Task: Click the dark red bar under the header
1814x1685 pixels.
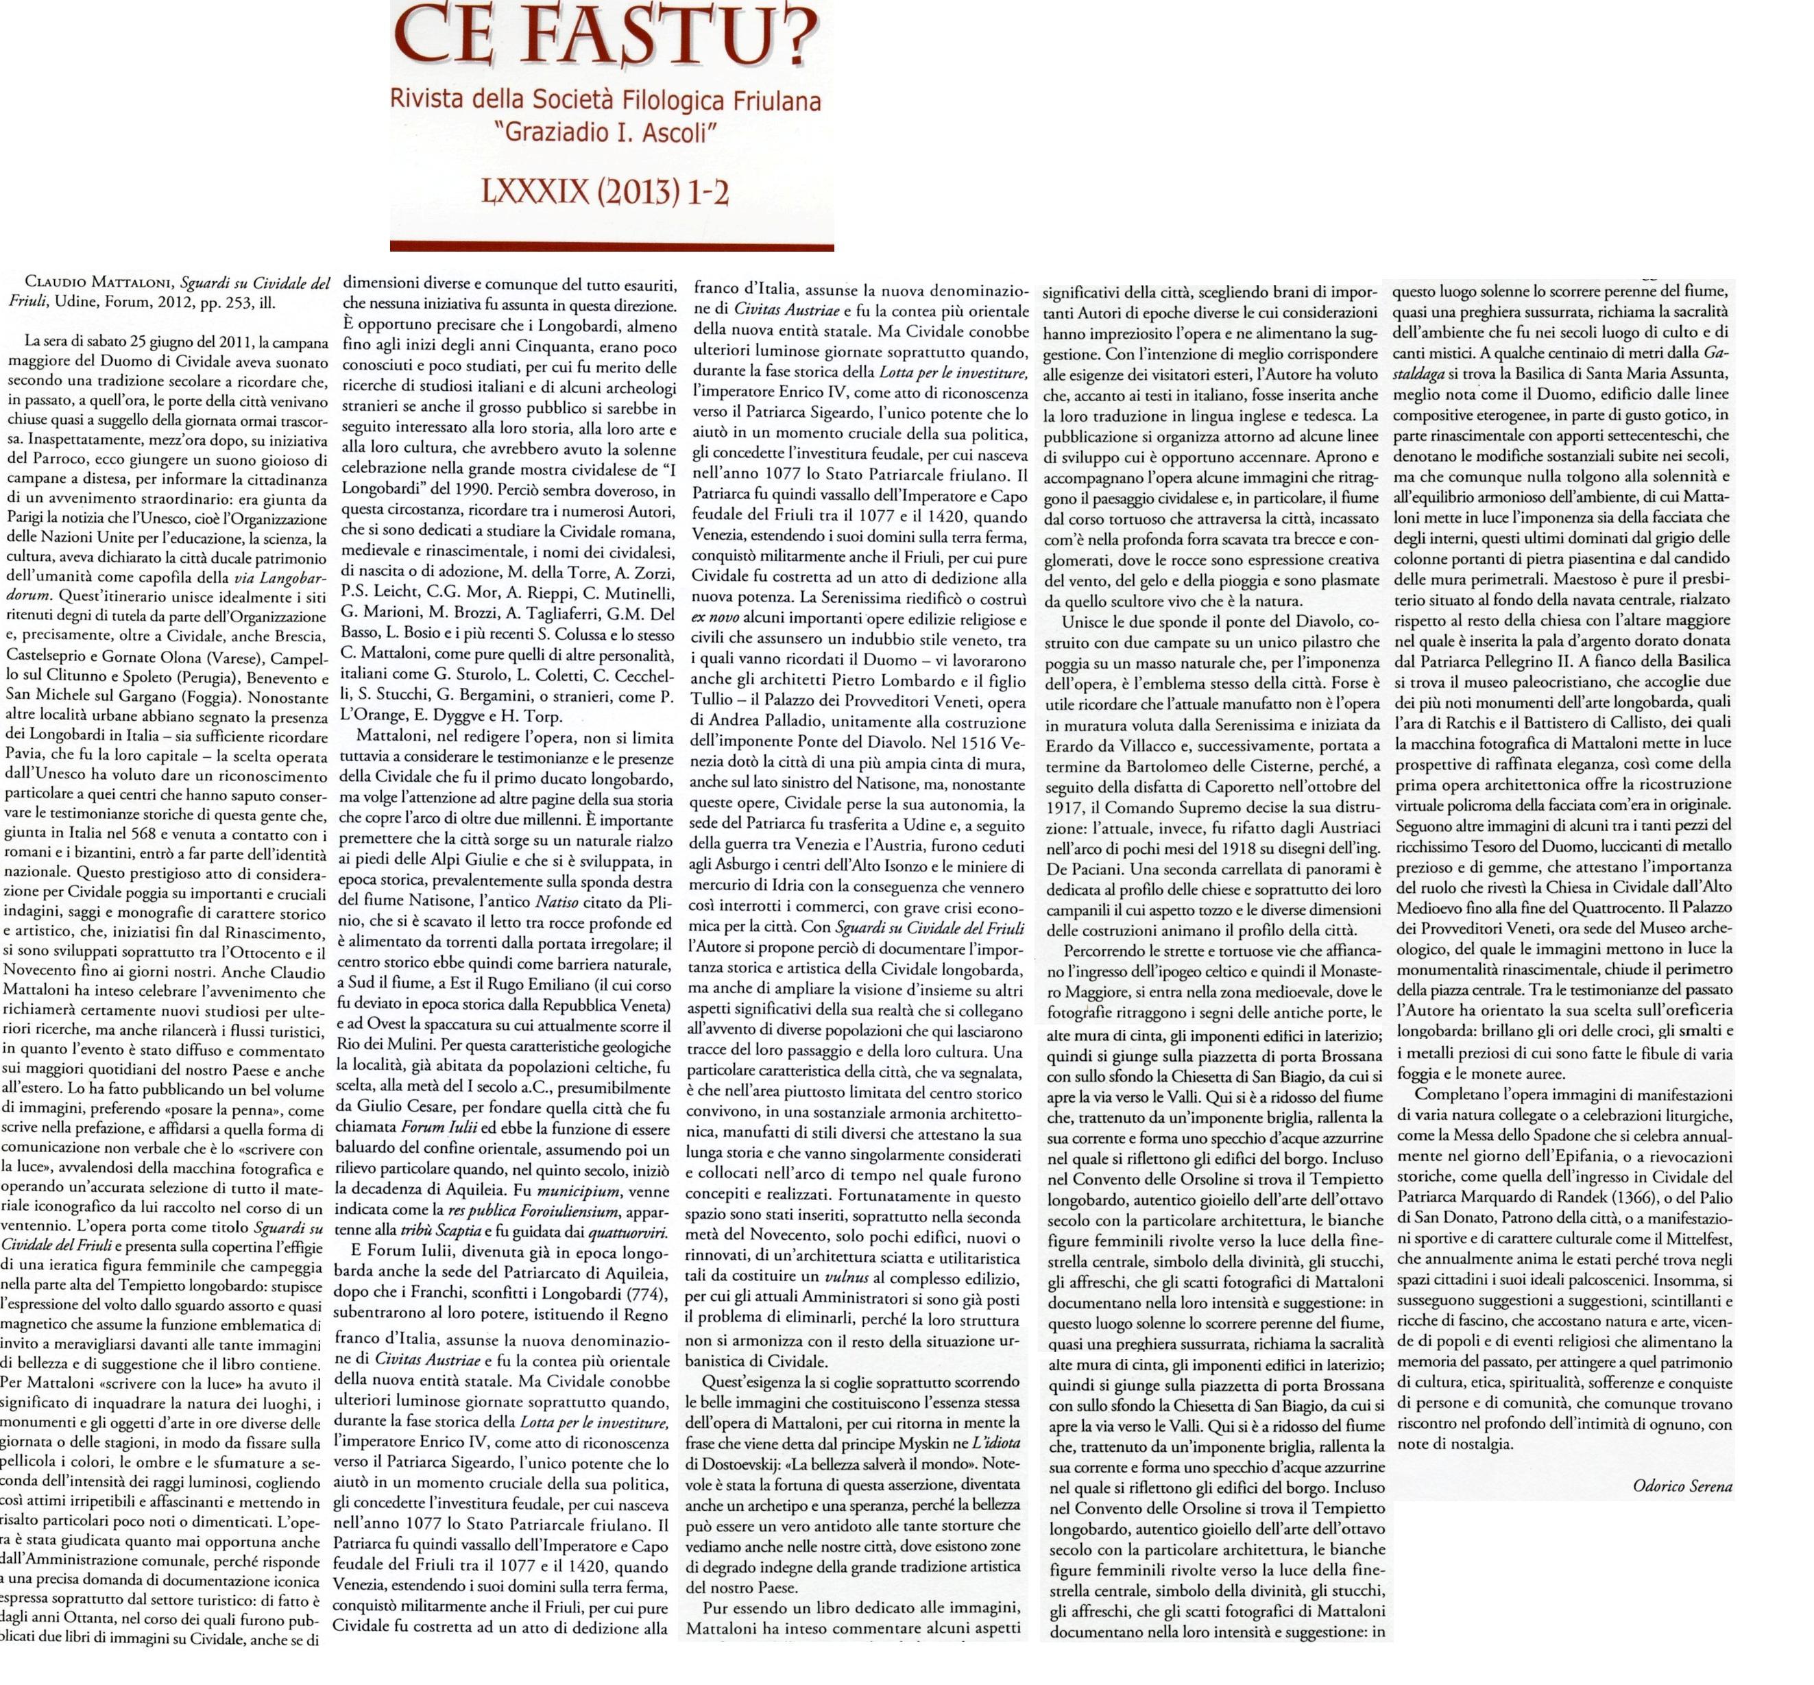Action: [611, 246]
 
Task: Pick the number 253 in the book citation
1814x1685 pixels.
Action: [221, 302]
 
